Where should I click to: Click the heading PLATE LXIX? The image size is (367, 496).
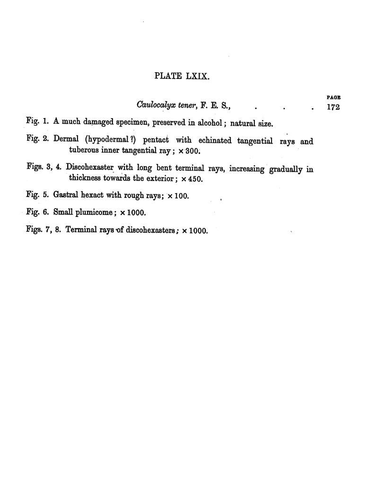pyautogui.click(x=182, y=76)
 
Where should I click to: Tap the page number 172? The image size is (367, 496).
pyautogui.click(x=333, y=107)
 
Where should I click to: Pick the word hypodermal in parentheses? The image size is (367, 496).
pyautogui.click(x=110, y=141)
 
